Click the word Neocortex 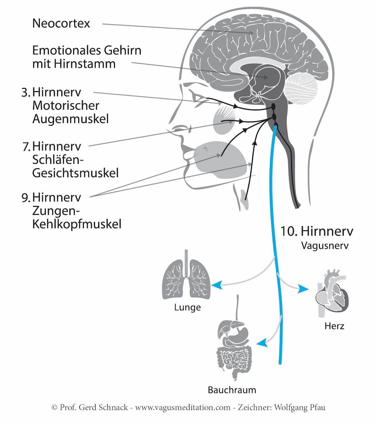click(x=61, y=24)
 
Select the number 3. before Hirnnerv click(x=26, y=92)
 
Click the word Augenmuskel click(x=70, y=119)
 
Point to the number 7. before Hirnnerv click(x=27, y=146)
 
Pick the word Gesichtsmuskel click(x=75, y=173)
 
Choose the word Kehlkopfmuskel click(x=76, y=224)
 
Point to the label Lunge click(x=187, y=308)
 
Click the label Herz click(x=334, y=326)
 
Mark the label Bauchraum click(x=232, y=390)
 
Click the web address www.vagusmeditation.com click(x=183, y=407)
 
